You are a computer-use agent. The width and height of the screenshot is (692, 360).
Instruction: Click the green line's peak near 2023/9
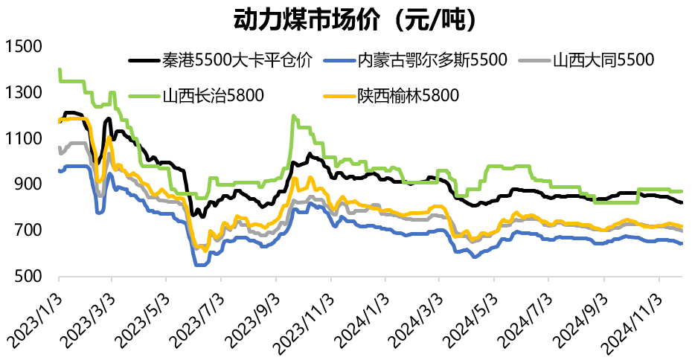294,116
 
